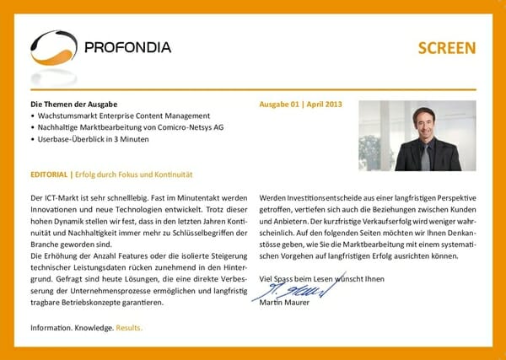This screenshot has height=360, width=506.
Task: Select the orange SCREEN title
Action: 447,48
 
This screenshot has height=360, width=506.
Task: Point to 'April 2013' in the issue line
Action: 326,105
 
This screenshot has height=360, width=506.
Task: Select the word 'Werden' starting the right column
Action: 274,197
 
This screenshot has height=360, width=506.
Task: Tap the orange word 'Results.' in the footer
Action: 130,327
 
